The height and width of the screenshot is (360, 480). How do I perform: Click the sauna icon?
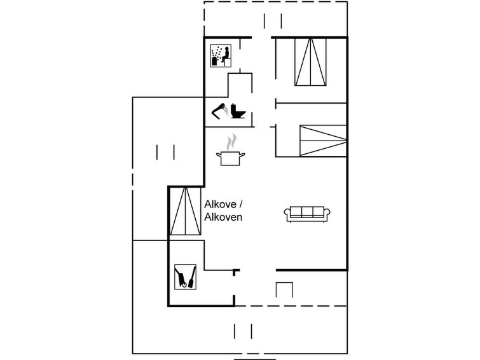(221, 56)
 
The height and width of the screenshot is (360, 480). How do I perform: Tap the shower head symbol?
(218, 111)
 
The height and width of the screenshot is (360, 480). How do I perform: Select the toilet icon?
(238, 111)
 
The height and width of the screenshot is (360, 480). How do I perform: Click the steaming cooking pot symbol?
(231, 149)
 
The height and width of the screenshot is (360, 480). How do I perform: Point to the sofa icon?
(307, 214)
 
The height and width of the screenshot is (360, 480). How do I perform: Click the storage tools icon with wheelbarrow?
(185, 277)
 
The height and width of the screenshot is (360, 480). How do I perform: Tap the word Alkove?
(220, 204)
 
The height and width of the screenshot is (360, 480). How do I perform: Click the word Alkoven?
(223, 217)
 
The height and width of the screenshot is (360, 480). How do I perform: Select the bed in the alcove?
(185, 211)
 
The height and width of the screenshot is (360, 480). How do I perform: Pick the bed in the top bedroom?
(310, 62)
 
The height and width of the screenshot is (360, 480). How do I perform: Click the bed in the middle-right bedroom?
(323, 141)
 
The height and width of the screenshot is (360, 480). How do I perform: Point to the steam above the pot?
(231, 142)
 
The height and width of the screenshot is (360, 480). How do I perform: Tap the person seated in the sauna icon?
(226, 55)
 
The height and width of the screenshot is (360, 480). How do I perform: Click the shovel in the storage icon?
(192, 277)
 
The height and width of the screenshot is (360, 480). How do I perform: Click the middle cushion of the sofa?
(307, 212)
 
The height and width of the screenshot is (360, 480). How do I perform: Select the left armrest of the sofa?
(287, 213)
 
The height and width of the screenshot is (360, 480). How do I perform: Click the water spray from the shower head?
(226, 110)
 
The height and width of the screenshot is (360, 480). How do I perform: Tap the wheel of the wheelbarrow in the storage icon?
(184, 286)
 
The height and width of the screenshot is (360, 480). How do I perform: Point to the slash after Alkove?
(241, 204)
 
